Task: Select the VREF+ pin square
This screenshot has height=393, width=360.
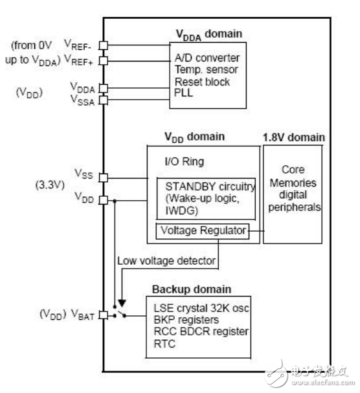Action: click(103, 60)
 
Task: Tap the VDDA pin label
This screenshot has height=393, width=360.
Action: click(82, 87)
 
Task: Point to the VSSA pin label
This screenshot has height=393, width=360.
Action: click(82, 100)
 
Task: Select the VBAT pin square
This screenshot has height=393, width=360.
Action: click(103, 315)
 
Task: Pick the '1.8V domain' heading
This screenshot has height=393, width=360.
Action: click(294, 138)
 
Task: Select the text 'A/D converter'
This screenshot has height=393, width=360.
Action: click(207, 58)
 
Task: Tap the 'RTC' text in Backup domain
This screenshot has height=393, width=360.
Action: click(166, 344)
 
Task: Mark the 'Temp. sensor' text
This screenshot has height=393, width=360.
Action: click(205, 70)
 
